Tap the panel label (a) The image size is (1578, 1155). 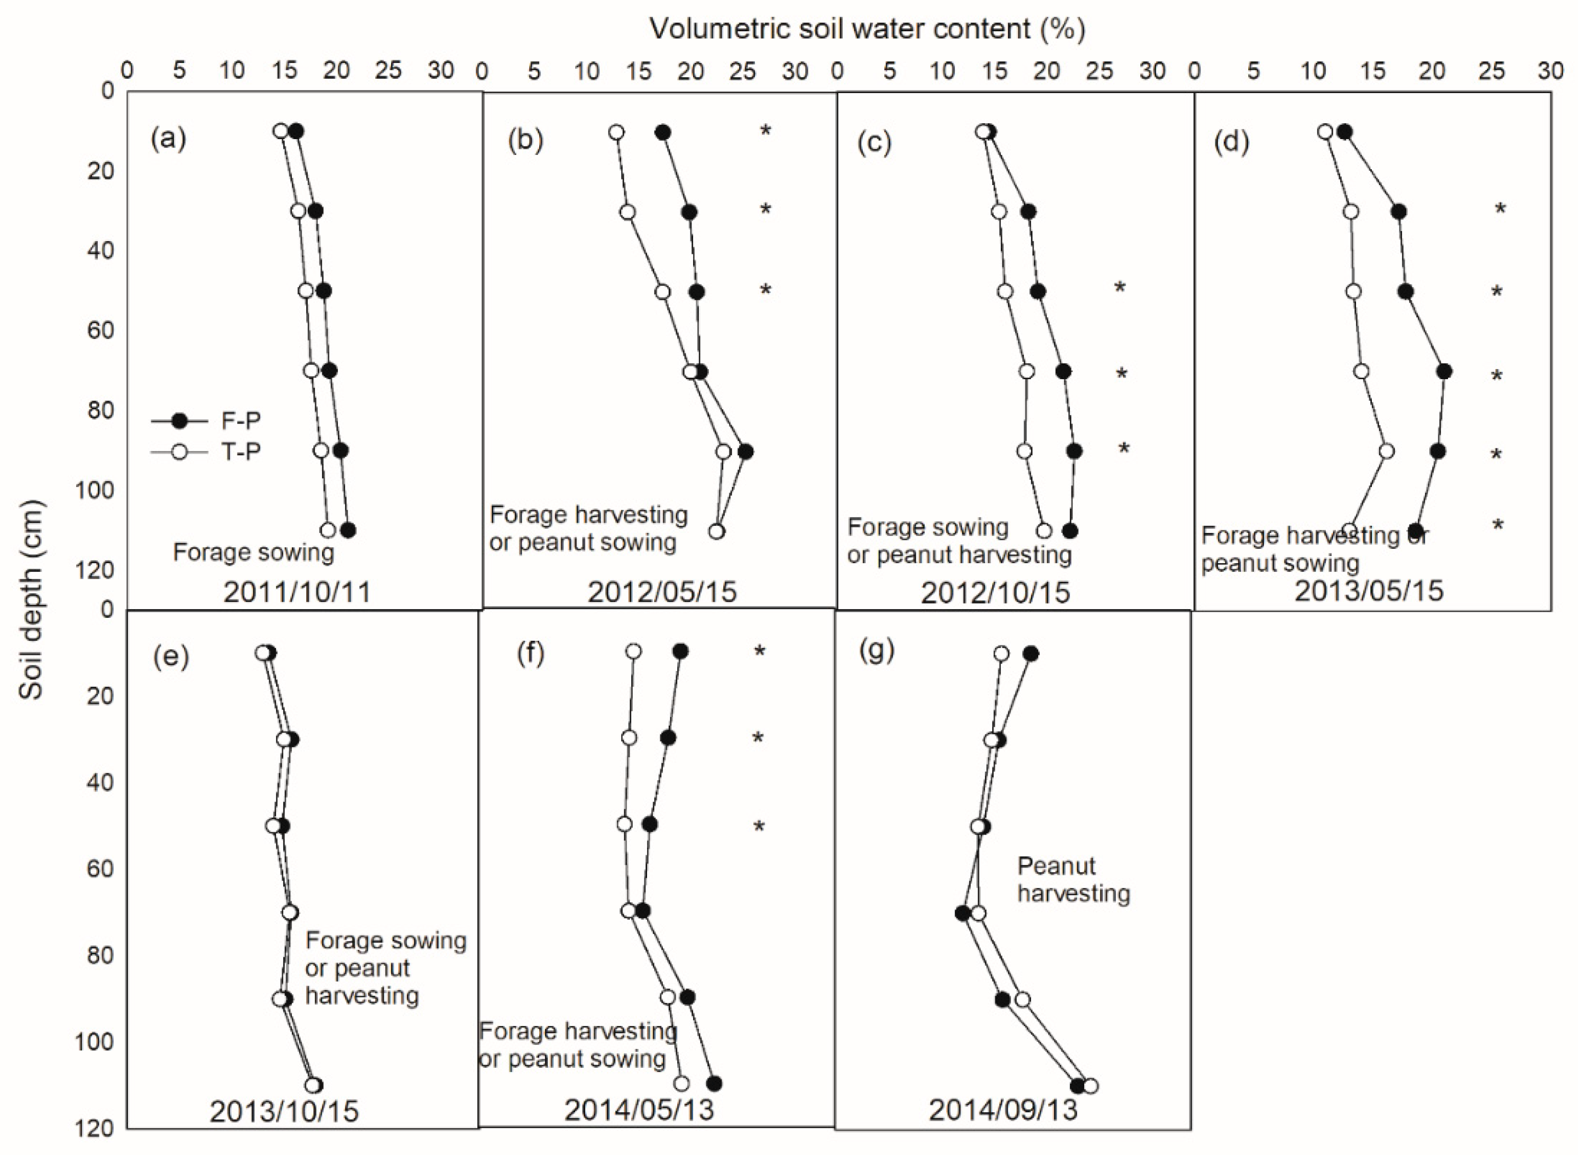click(x=169, y=139)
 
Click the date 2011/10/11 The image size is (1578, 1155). click(x=297, y=592)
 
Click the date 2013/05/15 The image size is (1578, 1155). click(x=1368, y=591)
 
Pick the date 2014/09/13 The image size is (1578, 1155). click(x=1003, y=1110)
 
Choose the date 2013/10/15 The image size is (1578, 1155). click(x=284, y=1112)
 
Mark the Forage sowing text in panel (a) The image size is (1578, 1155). click(x=254, y=552)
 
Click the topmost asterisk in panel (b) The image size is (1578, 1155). click(x=765, y=131)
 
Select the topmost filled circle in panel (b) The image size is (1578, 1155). click(x=663, y=133)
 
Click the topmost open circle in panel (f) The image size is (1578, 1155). click(x=633, y=652)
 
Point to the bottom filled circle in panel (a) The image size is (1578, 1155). click(x=348, y=530)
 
